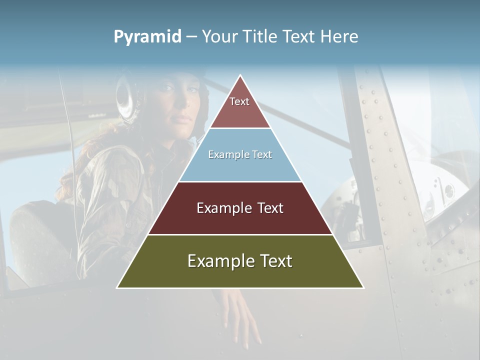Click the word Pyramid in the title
(x=147, y=37)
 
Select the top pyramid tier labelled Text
(x=239, y=107)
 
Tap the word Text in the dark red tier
(x=270, y=208)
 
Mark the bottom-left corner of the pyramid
(x=117, y=287)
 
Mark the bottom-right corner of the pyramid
(x=363, y=287)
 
